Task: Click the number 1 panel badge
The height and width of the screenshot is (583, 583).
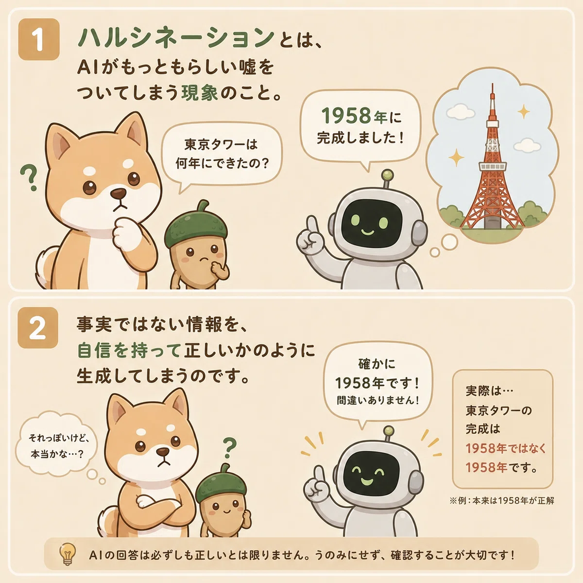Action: pos(39,39)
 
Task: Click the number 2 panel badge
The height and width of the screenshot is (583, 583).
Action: pos(38,327)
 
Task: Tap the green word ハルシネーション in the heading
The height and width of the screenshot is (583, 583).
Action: pos(176,38)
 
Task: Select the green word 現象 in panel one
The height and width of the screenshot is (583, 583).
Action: pos(200,93)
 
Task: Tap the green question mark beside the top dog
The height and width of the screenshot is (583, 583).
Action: pos(29,178)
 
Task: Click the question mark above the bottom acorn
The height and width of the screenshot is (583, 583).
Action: pos(230,448)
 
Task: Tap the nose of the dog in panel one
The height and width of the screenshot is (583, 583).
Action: pos(118,194)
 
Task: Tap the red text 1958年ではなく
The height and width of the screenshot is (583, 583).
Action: pos(506,448)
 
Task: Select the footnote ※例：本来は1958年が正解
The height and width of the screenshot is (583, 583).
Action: pos(502,500)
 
